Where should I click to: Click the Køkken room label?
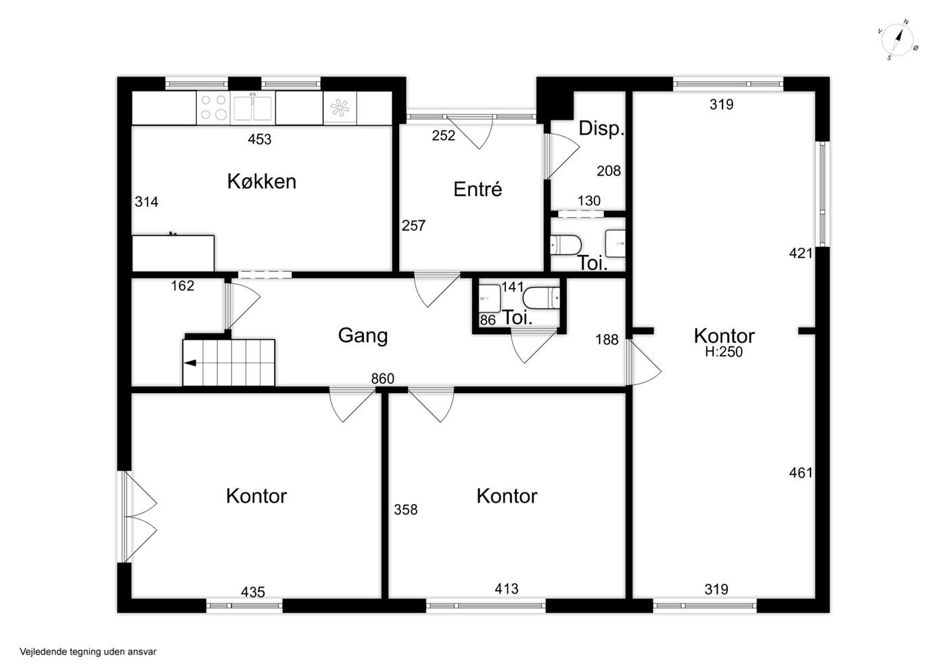[262, 181]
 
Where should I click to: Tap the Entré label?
[478, 189]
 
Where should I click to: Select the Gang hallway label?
[363, 336]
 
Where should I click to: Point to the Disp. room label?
[601, 128]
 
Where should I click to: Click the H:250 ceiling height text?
[724, 352]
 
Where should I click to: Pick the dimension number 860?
[383, 379]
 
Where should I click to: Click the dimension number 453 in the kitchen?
[260, 139]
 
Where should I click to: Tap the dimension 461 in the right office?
[801, 472]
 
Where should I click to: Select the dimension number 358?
[406, 509]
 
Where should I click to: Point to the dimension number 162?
[183, 286]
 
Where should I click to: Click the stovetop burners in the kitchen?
[214, 108]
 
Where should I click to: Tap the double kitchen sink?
[253, 108]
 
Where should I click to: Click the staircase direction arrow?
[190, 363]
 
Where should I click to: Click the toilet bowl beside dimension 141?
[542, 298]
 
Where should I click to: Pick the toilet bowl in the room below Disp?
[565, 246]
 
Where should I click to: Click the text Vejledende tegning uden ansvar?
[88, 651]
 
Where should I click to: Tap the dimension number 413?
[507, 589]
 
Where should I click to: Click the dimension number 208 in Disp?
[609, 171]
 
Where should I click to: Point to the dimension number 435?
[253, 592]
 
